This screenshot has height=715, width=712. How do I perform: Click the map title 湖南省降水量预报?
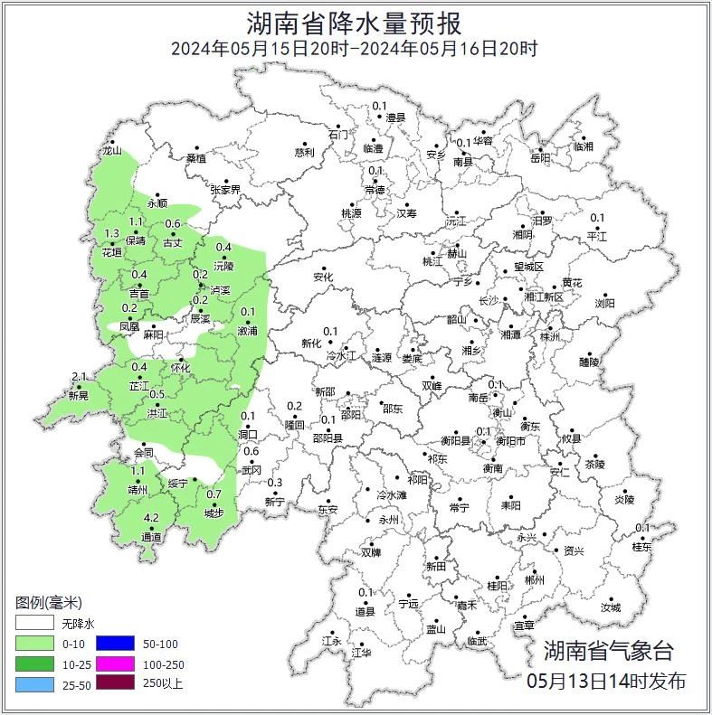tap(355, 22)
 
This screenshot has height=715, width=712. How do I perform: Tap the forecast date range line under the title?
tap(355, 49)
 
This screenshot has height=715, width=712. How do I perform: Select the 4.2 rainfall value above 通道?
tap(151, 518)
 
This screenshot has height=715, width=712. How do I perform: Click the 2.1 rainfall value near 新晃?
tap(79, 377)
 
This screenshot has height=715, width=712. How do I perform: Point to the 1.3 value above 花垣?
tap(112, 234)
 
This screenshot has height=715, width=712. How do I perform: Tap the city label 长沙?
tap(489, 300)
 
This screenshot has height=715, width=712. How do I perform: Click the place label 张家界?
tap(225, 190)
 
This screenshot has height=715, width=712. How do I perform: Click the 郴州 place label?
tap(535, 580)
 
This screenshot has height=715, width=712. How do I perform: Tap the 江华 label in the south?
tap(361, 652)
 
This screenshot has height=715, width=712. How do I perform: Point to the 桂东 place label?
tap(641, 547)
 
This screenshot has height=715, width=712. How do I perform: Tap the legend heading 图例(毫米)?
tap(50, 603)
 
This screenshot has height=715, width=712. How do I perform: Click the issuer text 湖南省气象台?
tap(608, 650)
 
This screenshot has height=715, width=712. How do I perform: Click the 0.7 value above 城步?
tap(214, 494)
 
